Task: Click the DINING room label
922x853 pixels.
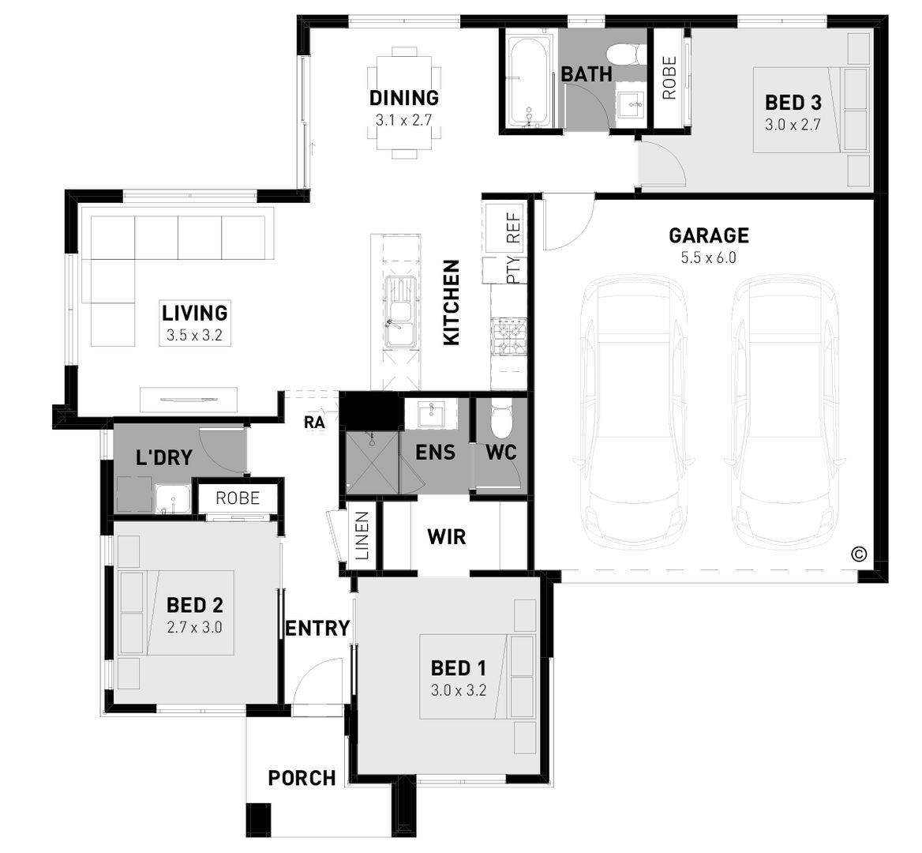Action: coord(403,98)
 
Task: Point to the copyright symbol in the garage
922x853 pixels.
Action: coord(859,554)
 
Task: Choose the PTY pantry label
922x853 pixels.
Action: coord(513,270)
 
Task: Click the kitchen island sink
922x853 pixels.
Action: coord(399,313)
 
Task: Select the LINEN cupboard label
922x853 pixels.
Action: coord(362,536)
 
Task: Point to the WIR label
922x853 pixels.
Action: coord(446,538)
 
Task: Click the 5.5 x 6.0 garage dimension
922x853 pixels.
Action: coord(708,257)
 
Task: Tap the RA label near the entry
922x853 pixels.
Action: coord(314,423)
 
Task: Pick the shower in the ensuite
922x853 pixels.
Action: coord(372,462)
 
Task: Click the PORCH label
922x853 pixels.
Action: coord(302,778)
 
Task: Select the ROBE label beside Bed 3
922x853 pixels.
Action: coord(669,77)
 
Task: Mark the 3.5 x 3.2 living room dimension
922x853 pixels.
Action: coord(194,335)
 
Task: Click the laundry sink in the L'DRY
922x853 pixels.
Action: coord(171,499)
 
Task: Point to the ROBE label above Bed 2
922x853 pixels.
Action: coord(238,498)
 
